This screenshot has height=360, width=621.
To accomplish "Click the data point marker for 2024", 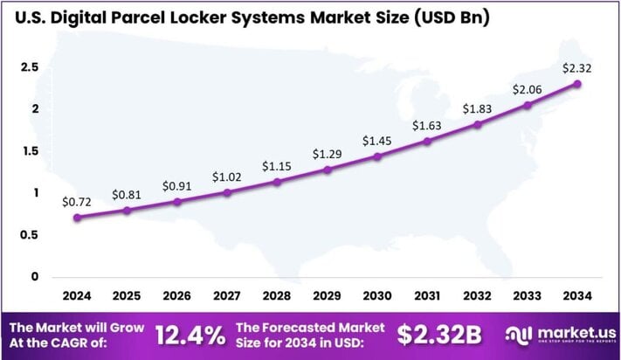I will coord(77,218).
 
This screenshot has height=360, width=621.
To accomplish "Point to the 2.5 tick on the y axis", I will coord(30,67).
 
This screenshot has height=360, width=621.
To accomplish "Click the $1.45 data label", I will coord(377,140).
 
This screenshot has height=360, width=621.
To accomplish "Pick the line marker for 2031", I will coord(427,141).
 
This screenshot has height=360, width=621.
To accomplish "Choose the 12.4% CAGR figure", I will coord(186,334).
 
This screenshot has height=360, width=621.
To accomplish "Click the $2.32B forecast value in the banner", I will coord(439,334).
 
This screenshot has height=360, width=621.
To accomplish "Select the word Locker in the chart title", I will coord(220,17).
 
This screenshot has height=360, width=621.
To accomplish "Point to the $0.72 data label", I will coord(77,200).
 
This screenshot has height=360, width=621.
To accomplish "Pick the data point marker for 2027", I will coord(227,192).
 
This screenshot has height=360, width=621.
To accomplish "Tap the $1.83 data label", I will coord(477,107).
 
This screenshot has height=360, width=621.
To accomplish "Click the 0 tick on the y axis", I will coord(36,277).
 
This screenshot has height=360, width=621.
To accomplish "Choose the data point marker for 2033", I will coord(527,105).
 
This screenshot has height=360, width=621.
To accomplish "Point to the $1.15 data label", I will coord(277,165).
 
